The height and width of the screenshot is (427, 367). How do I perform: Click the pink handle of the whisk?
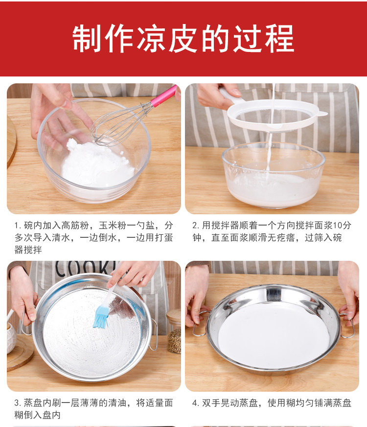[164, 96]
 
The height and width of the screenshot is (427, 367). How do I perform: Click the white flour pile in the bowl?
[96, 163]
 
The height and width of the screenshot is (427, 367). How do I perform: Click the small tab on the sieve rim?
[323, 113]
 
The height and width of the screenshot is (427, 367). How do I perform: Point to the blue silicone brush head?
[101, 317]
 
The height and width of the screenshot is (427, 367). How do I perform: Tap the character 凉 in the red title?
[151, 38]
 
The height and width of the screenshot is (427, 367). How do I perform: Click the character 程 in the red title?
[279, 38]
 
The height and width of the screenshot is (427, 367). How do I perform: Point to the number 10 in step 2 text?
[338, 225]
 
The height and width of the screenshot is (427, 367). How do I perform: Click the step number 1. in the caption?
[18, 226]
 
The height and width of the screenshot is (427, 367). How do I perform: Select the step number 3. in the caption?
[18, 402]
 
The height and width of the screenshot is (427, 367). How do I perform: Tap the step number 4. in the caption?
[196, 402]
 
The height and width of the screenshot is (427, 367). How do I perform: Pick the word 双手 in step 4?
[211, 402]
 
